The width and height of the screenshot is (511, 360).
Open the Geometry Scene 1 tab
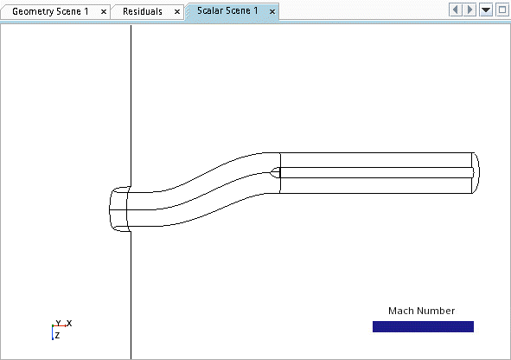[50, 12]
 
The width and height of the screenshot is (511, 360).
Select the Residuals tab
[143, 12]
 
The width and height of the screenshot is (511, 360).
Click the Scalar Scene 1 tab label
[227, 10]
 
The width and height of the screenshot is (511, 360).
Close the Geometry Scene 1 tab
[104, 12]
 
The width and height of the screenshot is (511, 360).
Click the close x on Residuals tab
[177, 12]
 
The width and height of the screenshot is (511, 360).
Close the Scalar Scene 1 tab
[272, 12]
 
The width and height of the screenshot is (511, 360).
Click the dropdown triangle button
[486, 10]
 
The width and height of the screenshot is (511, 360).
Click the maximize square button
[502, 10]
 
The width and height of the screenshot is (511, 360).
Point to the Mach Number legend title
[421, 311]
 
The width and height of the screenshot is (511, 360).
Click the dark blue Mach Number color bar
[423, 326]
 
